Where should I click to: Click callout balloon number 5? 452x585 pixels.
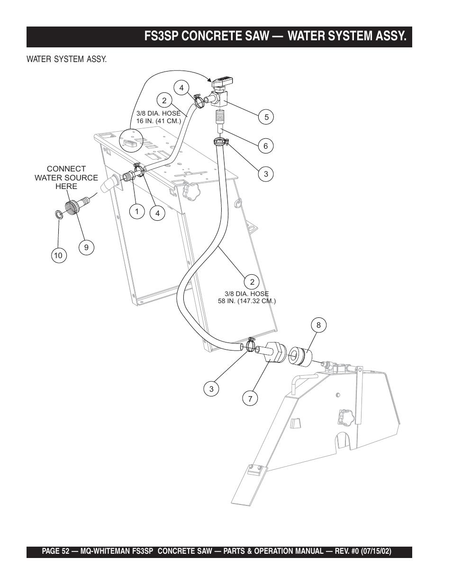266,117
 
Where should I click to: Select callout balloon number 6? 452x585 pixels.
266,145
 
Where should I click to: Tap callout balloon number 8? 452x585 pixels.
318,325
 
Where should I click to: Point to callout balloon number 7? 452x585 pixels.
250,398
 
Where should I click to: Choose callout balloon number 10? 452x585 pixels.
59,255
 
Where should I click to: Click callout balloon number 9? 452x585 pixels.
86,247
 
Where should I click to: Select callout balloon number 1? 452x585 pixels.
137,211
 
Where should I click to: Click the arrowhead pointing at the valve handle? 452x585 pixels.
208,79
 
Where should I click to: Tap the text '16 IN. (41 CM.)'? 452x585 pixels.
159,121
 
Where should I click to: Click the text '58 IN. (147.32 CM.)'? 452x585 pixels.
247,301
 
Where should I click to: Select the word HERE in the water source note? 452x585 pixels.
66,186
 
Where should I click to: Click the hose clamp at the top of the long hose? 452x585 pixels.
221,141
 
